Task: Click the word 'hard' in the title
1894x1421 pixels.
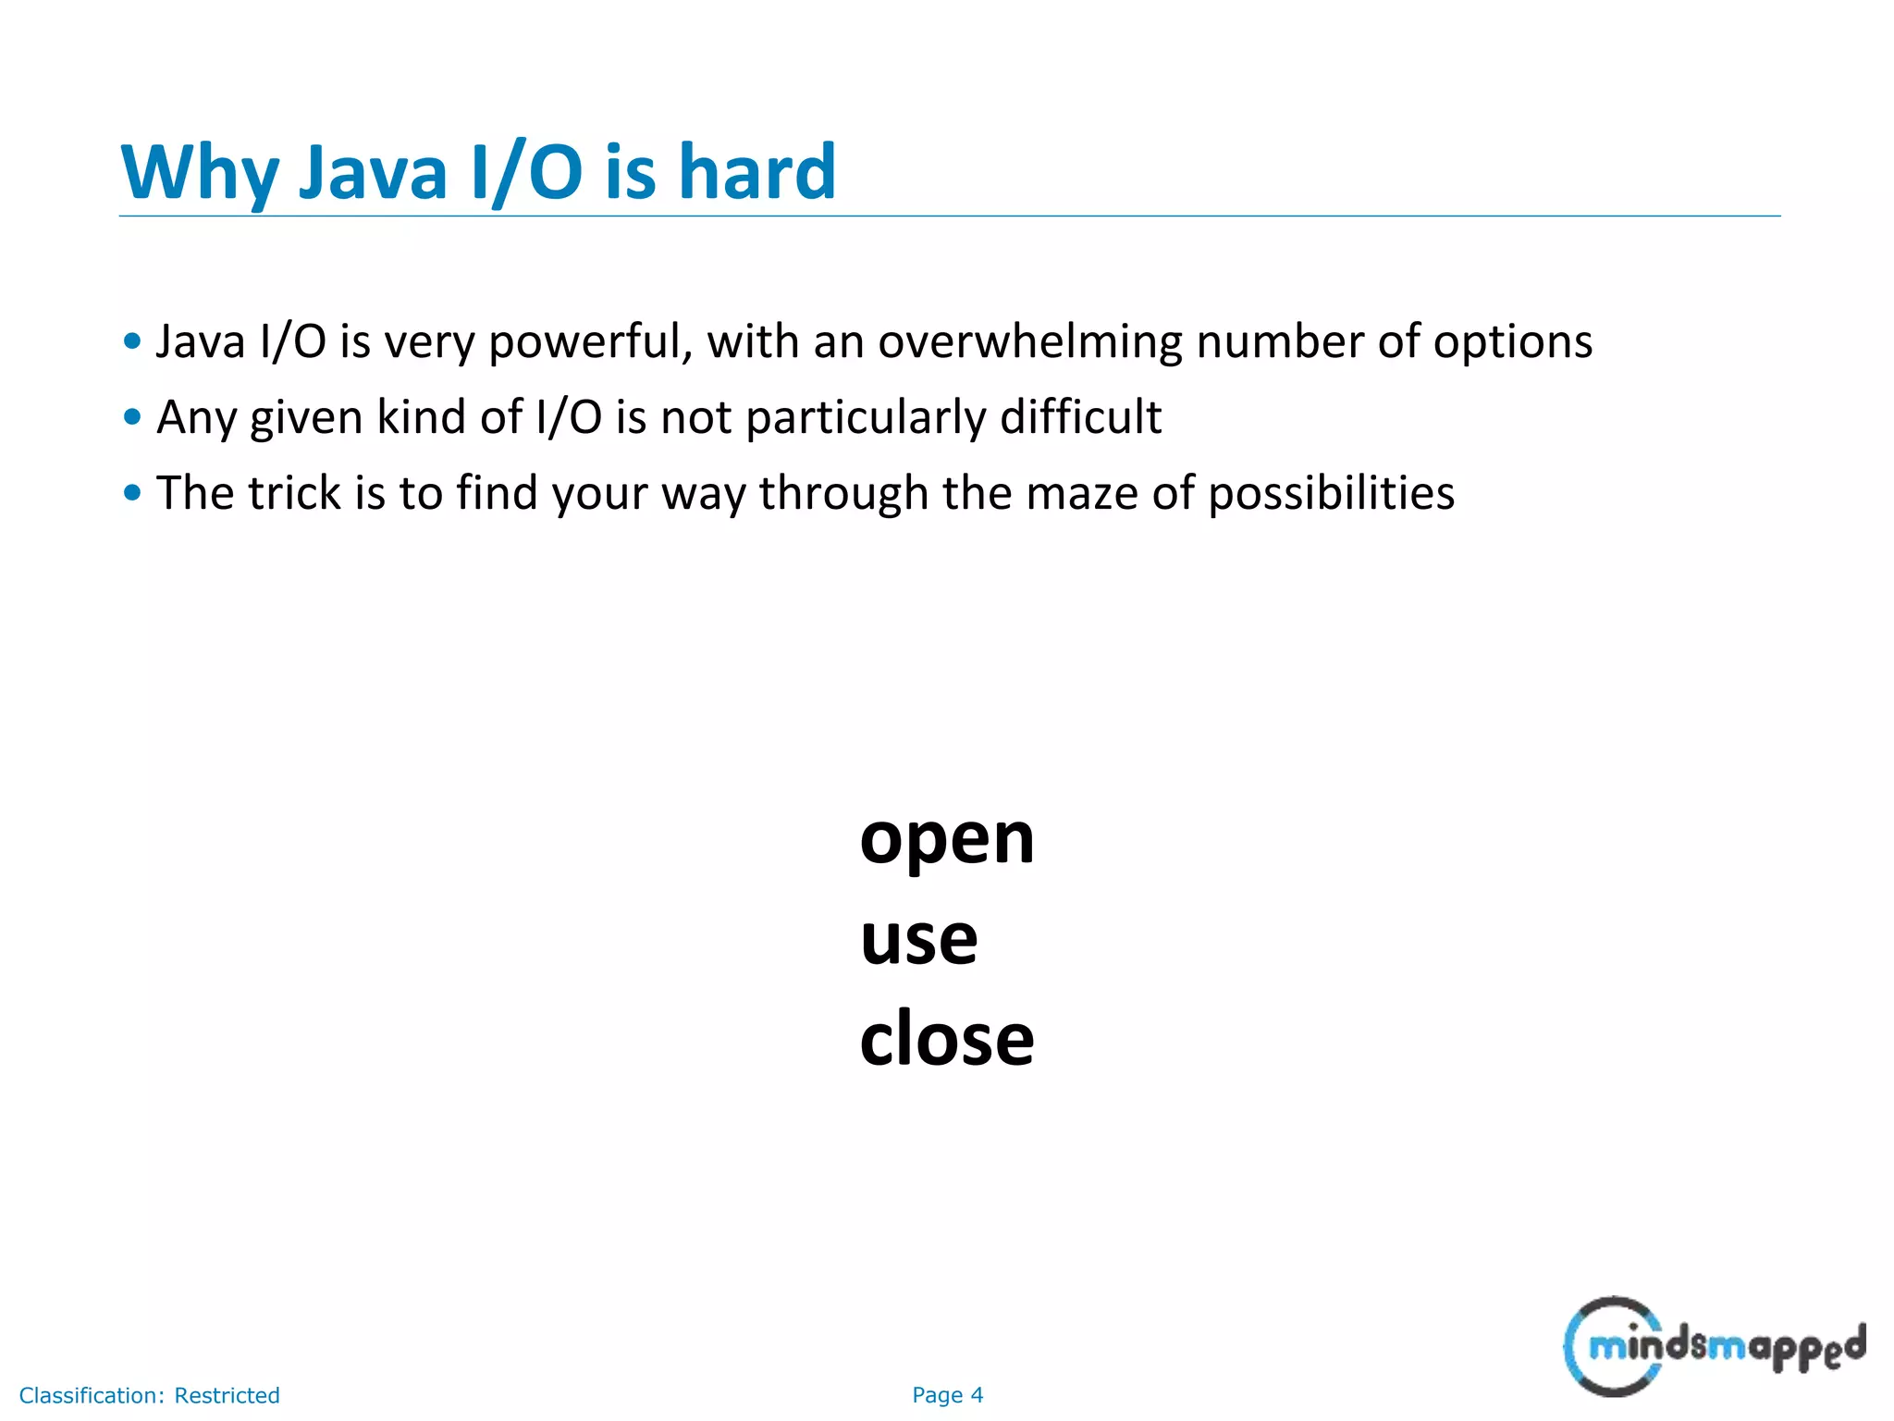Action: coord(756,172)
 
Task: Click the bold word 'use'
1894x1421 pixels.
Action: coord(918,940)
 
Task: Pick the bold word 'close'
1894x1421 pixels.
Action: coord(946,1039)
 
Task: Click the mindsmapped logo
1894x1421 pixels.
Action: coord(1714,1346)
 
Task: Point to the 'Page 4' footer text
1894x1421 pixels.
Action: coord(947,1395)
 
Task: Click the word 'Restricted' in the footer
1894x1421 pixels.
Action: coord(227,1395)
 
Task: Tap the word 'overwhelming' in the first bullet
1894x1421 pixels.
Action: coord(1029,342)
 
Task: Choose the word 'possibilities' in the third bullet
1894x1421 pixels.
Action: coord(1331,493)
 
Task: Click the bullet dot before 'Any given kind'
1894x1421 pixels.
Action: coord(132,417)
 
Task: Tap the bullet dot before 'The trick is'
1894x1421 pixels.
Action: coord(132,493)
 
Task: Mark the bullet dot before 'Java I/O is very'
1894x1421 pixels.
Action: coord(132,341)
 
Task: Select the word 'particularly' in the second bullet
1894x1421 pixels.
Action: coord(865,417)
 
